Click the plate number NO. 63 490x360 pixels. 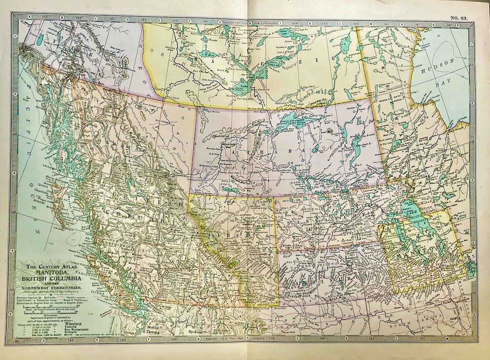click(460, 18)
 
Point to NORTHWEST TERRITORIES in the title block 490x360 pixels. click(54, 288)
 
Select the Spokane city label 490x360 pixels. click(196, 331)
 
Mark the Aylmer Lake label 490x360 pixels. click(284, 34)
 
